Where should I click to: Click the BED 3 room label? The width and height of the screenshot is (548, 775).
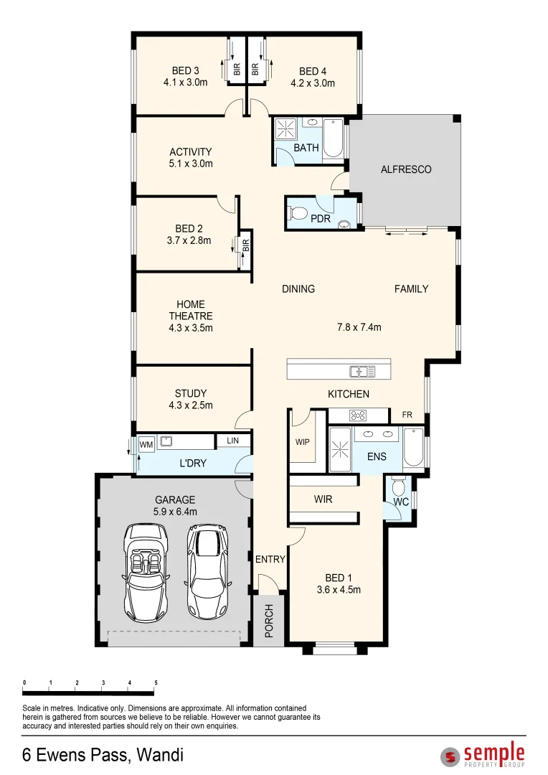pos(186,70)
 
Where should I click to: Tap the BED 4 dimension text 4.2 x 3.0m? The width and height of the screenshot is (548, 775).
pos(313,83)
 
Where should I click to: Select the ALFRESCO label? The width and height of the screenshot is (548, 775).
pos(406,169)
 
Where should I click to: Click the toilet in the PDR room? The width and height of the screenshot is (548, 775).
pos(298,213)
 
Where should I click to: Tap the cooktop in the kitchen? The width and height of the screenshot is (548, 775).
pos(357,415)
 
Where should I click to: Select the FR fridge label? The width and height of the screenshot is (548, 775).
pos(407,415)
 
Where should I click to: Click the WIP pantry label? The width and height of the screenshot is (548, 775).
pos(303,442)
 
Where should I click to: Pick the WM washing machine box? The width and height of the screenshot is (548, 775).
pos(146,445)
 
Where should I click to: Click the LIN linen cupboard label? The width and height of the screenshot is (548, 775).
pos(232,441)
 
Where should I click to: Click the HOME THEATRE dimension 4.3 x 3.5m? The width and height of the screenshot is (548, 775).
pos(191,328)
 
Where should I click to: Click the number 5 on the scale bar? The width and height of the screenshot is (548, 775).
pos(156,682)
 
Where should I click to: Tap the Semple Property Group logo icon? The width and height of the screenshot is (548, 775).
pos(450,756)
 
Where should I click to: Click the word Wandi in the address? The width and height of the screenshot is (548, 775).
pos(161,755)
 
